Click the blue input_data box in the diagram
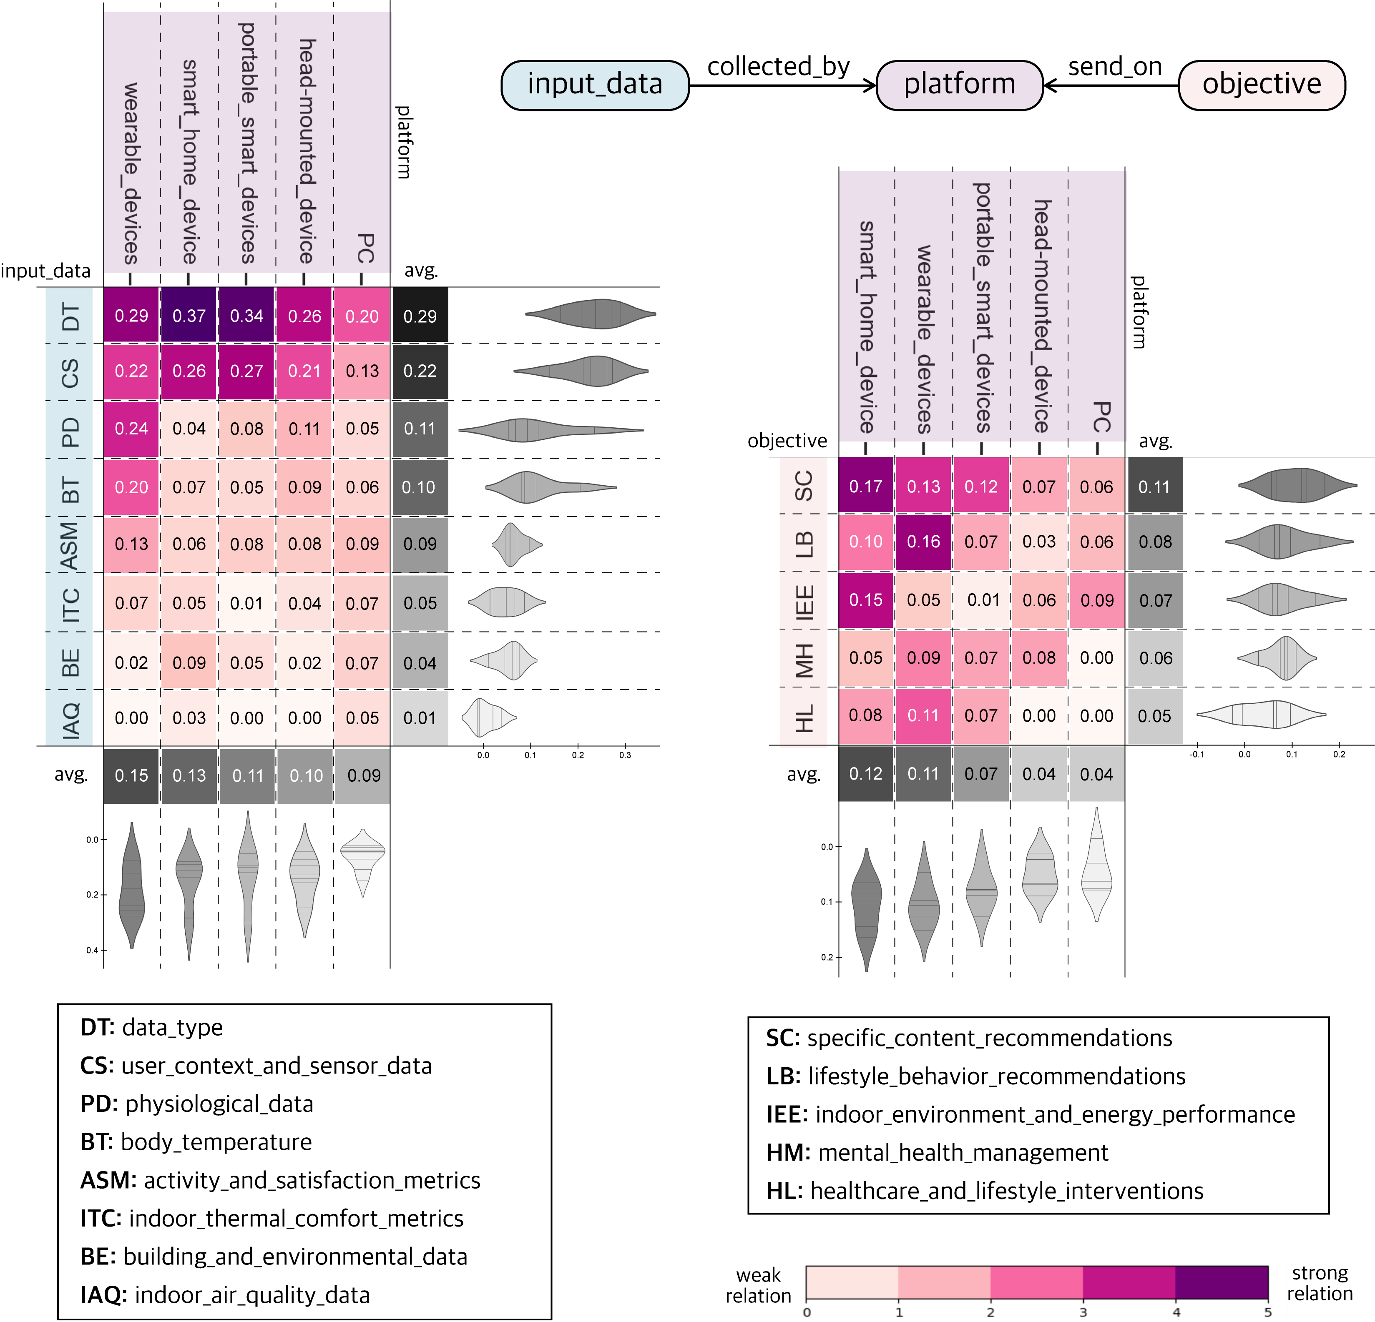tap(595, 85)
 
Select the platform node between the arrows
tap(959, 85)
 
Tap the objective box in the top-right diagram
tap(1261, 85)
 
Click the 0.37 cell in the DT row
tap(189, 316)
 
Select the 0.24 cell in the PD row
tap(131, 429)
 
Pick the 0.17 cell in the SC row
tap(866, 486)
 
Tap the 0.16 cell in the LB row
tap(923, 542)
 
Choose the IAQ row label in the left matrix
tap(70, 719)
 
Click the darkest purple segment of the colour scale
tap(1222, 1283)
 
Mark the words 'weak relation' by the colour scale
tap(758, 1285)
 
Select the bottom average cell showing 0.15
tap(131, 776)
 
